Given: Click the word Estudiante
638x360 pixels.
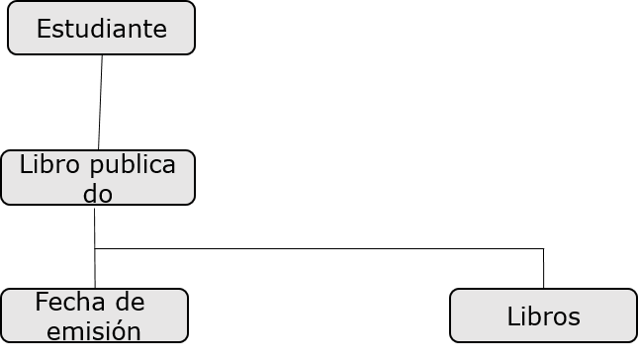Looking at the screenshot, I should pyautogui.click(x=101, y=29).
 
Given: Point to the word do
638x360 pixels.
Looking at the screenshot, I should pyautogui.click(x=97, y=193).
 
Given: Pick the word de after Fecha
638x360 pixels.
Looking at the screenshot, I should pyautogui.click(x=130, y=302).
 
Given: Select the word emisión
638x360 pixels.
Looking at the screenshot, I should pyautogui.click(x=93, y=330).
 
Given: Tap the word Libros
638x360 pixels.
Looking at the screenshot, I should pyautogui.click(x=543, y=316).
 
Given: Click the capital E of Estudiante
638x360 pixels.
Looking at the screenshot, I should pyautogui.click(x=43, y=29).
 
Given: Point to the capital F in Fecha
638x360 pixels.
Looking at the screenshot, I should pyautogui.click(x=41, y=302).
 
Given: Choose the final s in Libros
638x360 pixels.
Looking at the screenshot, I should pyautogui.click(x=575, y=317).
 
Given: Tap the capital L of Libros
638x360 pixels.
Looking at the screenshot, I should pyautogui.click(x=512, y=316).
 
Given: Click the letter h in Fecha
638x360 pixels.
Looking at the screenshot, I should pyautogui.click(x=86, y=302).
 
